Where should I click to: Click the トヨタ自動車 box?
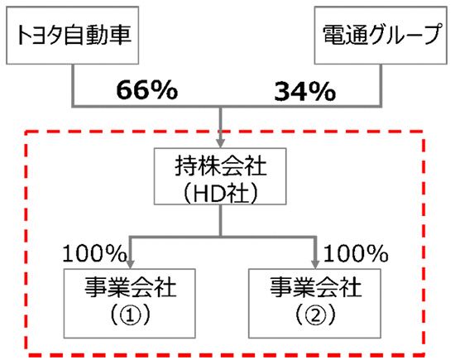(72, 36)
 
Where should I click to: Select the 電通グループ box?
(381, 36)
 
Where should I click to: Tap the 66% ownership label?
(146, 89)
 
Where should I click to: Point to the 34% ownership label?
(304, 92)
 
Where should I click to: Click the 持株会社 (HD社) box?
(220, 176)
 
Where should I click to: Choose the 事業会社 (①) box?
(129, 304)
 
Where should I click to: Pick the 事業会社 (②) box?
(314, 304)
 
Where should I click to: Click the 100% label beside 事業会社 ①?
(94, 253)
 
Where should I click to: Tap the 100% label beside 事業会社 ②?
(356, 253)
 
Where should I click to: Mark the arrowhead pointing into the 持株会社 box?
(221, 143)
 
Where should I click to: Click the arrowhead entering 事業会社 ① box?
(130, 264)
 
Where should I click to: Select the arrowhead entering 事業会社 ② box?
(315, 264)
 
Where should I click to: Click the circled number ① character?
(130, 315)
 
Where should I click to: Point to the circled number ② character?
(315, 315)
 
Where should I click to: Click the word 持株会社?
(221, 166)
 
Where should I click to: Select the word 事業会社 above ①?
(130, 287)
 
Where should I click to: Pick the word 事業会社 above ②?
(316, 287)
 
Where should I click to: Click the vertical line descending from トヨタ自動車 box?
(73, 85)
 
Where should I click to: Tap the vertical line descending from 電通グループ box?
(381, 85)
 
